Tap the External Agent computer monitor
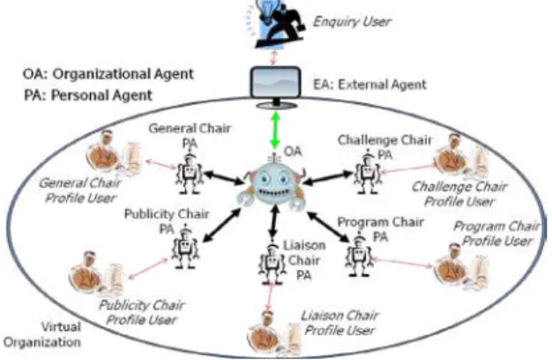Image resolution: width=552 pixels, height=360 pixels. point(276,86)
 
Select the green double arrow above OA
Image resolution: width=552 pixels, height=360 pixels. point(275,130)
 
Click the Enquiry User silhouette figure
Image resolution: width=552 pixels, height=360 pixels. point(280,23)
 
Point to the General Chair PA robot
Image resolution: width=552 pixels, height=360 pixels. point(190,173)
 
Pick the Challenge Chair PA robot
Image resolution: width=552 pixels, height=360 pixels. point(368,173)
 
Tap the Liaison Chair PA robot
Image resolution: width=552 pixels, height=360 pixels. point(272,263)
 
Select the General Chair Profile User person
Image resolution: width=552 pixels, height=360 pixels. point(114,154)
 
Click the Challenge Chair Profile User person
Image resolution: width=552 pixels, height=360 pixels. point(462,157)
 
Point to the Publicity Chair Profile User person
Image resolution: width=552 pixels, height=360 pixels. point(96,273)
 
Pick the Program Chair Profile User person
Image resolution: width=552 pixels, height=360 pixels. point(462,266)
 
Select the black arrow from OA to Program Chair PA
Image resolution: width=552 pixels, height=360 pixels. point(328,227)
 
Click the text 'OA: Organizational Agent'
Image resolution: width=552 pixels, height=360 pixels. point(108,74)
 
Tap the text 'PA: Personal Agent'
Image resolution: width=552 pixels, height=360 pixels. point(88,95)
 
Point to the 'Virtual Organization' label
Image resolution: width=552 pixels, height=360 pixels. point(42,334)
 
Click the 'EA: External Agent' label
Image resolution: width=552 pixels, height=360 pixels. point(369,85)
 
